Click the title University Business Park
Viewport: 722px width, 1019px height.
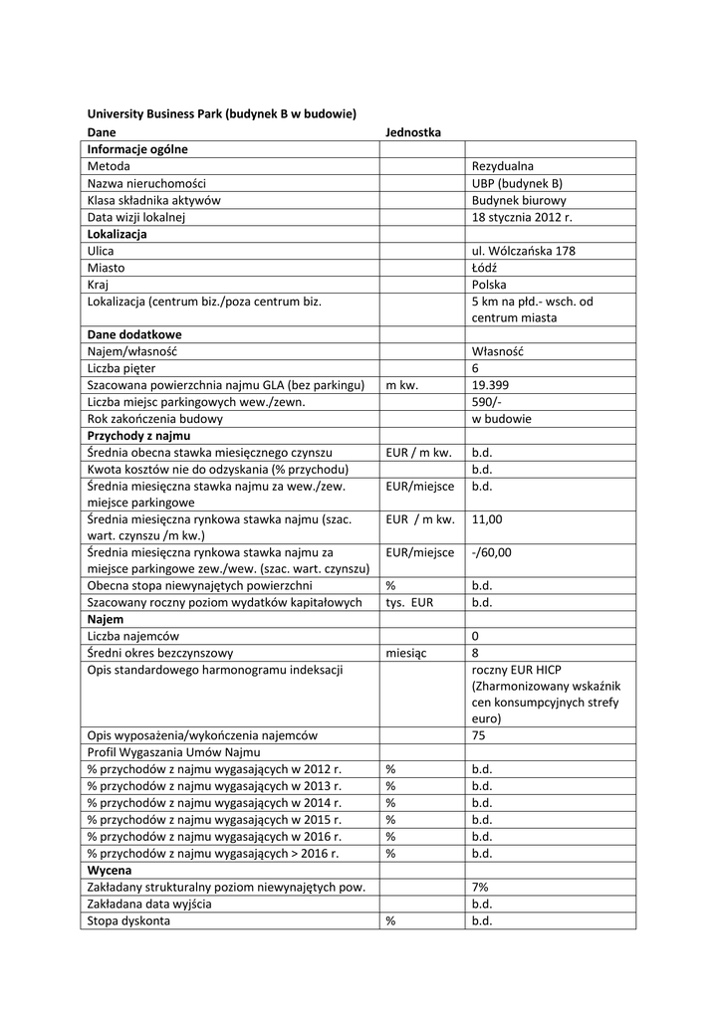[x=221, y=114]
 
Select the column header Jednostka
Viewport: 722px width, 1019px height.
[x=412, y=131]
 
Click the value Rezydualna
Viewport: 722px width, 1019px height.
[x=503, y=166]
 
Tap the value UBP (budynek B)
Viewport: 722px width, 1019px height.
[x=517, y=183]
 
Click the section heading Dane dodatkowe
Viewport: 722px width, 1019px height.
[x=134, y=334]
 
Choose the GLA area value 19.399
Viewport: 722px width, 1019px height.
[x=492, y=385]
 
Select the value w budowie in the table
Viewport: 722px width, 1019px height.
[x=501, y=419]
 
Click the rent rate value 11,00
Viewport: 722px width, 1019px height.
[x=487, y=518]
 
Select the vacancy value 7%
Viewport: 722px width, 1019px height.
[x=480, y=887]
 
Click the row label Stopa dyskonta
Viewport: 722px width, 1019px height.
[x=128, y=920]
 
